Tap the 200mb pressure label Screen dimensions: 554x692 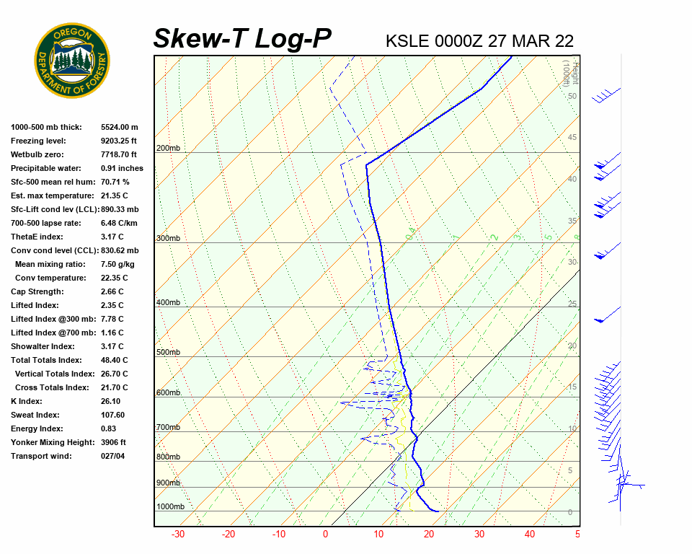pyautogui.click(x=168, y=149)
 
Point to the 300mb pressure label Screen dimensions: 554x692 pyautogui.click(x=168, y=238)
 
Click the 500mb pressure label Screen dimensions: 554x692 pyautogui.click(x=168, y=352)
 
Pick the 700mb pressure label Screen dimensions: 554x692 pyautogui.click(x=168, y=428)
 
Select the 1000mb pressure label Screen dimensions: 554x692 pyautogui.click(x=170, y=507)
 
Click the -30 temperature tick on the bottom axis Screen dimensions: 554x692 pyautogui.click(x=177, y=535)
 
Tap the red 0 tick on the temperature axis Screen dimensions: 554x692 pyautogui.click(x=326, y=535)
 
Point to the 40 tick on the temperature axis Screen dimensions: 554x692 pyautogui.click(x=530, y=535)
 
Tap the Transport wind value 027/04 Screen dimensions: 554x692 pyautogui.click(x=113, y=456)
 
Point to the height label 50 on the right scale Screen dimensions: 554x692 pyautogui.click(x=572, y=96)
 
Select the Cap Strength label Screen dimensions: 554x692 pyautogui.click(x=37, y=291)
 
